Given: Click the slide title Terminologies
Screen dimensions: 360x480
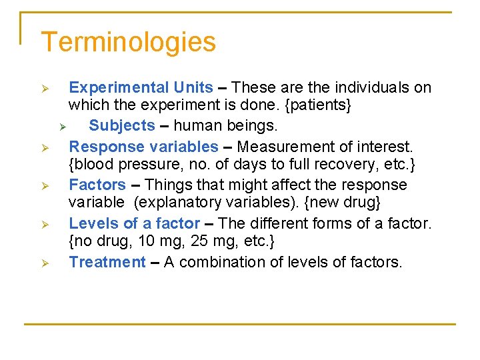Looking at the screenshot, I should click(128, 43).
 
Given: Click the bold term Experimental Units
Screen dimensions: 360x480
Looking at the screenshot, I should click(141, 87).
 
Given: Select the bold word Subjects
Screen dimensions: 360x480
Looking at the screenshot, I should click(122, 125).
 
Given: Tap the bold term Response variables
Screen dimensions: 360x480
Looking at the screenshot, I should click(143, 146).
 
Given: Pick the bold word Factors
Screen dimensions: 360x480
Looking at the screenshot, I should click(97, 185).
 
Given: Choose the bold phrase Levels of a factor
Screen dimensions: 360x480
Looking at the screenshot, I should click(135, 223).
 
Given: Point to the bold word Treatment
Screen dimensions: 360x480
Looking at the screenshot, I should click(107, 262).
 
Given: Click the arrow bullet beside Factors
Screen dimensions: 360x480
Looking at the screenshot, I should click(45, 186).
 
